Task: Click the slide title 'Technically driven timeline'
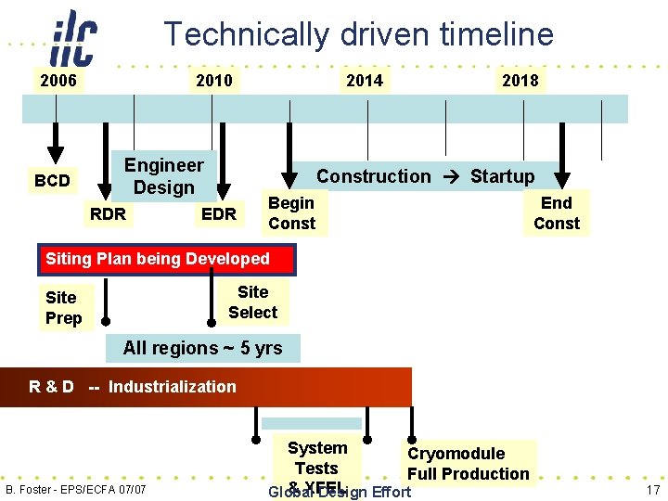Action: [358, 34]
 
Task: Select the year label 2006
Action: [58, 81]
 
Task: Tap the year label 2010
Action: [214, 81]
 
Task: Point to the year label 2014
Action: [364, 81]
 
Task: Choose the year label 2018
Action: [520, 81]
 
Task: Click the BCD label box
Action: [52, 180]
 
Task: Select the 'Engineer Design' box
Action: [164, 176]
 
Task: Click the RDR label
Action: [108, 214]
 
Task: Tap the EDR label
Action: [219, 214]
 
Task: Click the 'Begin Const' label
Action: [292, 213]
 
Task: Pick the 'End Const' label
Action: [556, 213]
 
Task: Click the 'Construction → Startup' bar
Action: [425, 176]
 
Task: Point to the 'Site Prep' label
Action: [63, 308]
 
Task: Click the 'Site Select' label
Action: [252, 302]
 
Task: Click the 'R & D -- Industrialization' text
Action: [133, 387]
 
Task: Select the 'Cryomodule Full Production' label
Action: [469, 464]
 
